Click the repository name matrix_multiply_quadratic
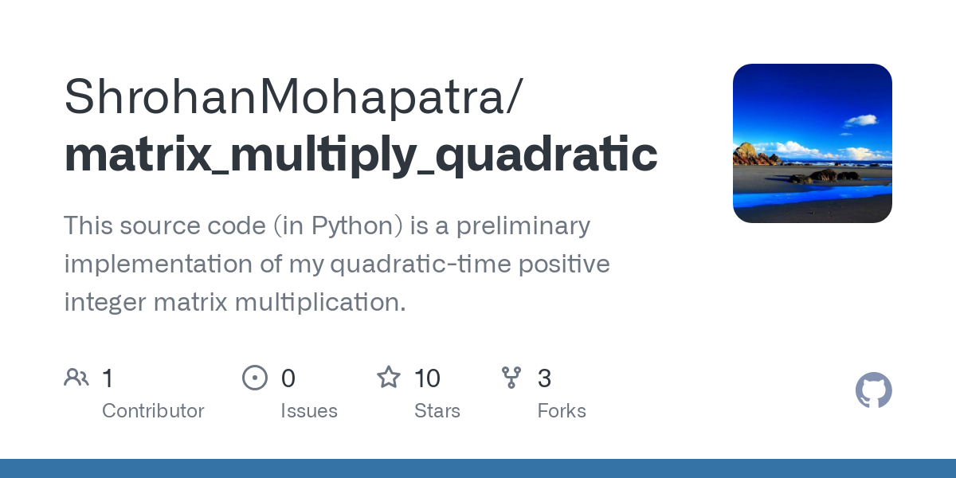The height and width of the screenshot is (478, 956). (x=360, y=155)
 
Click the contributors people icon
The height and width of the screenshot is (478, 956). (x=76, y=378)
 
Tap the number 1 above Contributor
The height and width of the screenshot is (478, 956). (x=108, y=378)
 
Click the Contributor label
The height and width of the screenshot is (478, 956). (x=153, y=411)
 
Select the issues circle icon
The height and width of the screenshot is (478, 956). (x=255, y=378)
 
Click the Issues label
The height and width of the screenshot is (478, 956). (x=309, y=411)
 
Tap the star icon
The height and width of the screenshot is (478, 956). (x=389, y=378)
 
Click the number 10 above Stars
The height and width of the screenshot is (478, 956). (x=427, y=378)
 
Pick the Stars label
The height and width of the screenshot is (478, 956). (x=437, y=411)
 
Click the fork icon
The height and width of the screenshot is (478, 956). (x=511, y=378)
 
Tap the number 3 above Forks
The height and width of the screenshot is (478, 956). (x=544, y=378)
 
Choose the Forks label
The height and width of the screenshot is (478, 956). (x=562, y=411)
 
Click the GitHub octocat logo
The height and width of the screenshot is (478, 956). (x=873, y=390)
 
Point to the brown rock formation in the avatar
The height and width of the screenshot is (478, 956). (x=747, y=153)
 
